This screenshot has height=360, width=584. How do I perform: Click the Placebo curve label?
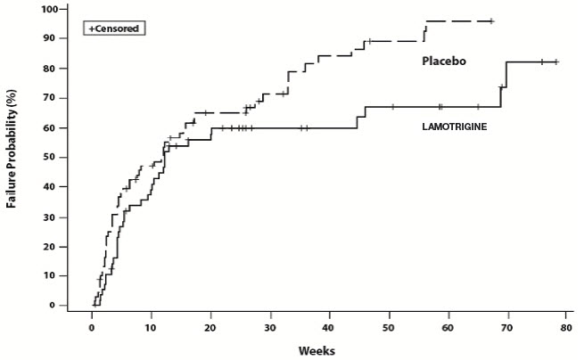pos(445,61)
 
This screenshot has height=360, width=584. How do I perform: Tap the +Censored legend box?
pos(114,29)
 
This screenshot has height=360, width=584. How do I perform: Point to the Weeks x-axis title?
pos(317,350)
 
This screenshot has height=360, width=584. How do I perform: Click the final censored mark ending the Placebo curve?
pos(491,20)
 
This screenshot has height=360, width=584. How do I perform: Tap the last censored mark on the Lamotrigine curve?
pos(555,61)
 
